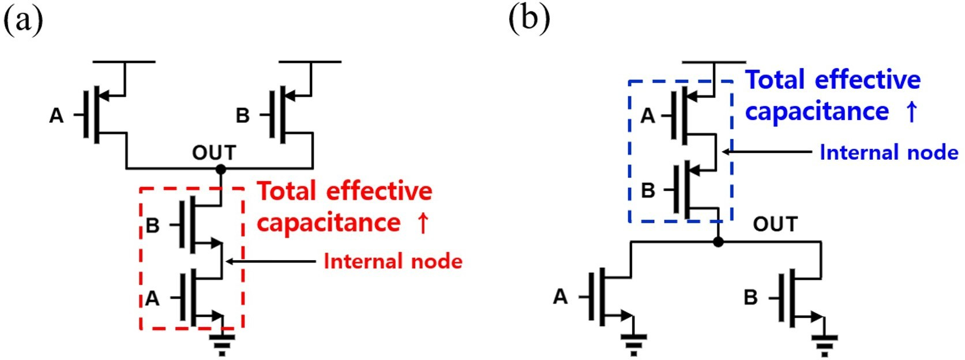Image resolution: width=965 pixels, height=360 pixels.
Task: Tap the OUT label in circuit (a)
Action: (x=214, y=153)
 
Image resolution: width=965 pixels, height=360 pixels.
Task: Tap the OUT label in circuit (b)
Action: (x=775, y=224)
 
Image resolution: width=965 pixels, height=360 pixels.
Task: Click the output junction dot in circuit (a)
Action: (x=220, y=169)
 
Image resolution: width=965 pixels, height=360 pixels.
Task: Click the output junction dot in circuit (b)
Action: (x=718, y=242)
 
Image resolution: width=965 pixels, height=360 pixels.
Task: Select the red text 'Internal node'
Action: (x=393, y=261)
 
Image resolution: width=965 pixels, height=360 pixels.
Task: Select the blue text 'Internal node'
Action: (x=888, y=152)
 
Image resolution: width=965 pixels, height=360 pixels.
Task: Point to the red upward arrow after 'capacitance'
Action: (x=423, y=223)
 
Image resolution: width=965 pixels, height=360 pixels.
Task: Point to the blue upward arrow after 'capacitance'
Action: (x=911, y=111)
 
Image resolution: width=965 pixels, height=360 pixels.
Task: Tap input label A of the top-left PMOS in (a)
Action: (x=56, y=115)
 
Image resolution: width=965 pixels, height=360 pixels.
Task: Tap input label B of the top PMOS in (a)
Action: (x=242, y=115)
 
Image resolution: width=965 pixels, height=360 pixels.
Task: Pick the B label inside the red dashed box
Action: (x=152, y=225)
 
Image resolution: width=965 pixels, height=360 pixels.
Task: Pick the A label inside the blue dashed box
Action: (x=648, y=116)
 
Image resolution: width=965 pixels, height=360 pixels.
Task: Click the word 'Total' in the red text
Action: (x=287, y=191)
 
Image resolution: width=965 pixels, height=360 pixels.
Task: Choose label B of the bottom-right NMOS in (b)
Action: (x=750, y=298)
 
